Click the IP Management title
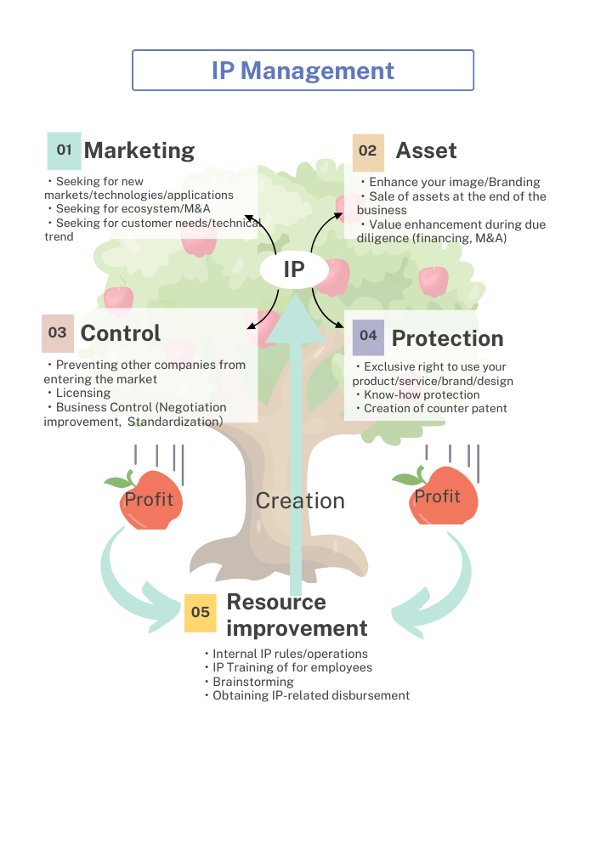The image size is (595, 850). (x=303, y=71)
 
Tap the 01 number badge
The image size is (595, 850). (x=65, y=150)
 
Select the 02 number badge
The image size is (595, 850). (x=368, y=151)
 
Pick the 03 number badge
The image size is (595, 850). (x=58, y=332)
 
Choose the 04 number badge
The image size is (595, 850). (x=368, y=336)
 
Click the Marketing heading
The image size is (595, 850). (x=139, y=150)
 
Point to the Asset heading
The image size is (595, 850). (x=426, y=151)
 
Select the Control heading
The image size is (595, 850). (x=121, y=333)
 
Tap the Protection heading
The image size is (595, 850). (x=447, y=338)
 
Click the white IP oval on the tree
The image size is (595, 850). (x=294, y=270)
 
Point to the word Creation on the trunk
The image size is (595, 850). (x=300, y=501)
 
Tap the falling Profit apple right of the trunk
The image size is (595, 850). (x=439, y=498)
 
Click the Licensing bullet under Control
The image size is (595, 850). (x=83, y=393)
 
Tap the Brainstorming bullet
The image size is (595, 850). (x=252, y=682)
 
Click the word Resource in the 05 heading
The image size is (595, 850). (x=276, y=602)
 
